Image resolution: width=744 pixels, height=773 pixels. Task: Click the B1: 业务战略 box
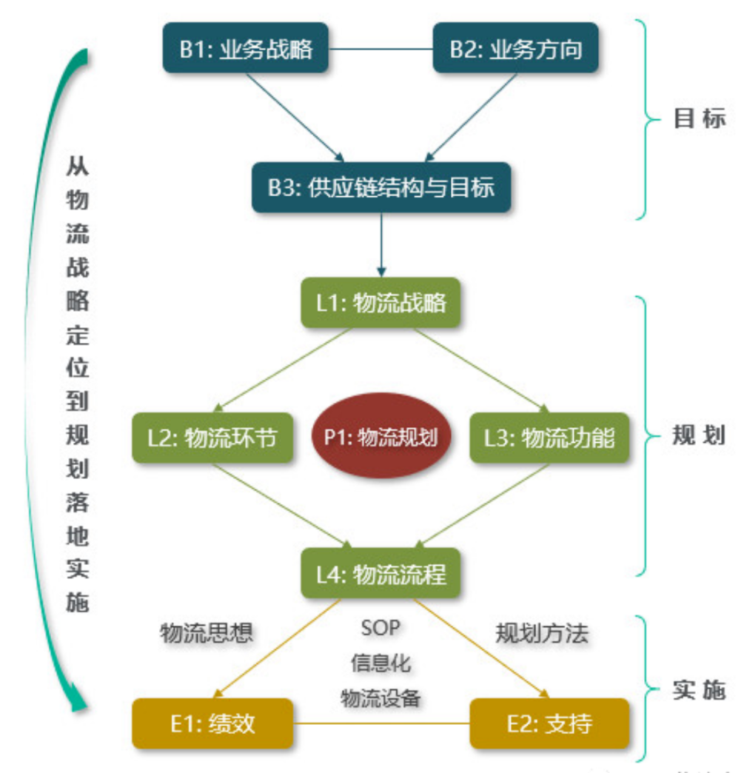tap(247, 49)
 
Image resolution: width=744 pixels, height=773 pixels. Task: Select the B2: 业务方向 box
tap(515, 49)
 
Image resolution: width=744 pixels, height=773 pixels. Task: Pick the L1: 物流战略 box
tap(381, 303)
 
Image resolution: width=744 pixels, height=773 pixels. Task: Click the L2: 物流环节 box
tap(212, 438)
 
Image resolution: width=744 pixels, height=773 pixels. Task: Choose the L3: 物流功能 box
tap(549, 438)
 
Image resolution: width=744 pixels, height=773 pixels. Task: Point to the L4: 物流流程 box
tap(381, 573)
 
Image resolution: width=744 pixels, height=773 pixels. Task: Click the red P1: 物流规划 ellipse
tap(381, 437)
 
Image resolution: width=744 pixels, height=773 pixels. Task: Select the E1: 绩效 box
tap(212, 723)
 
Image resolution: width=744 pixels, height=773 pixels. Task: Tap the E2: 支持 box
tap(549, 723)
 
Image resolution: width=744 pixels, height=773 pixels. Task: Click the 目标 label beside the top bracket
tap(699, 119)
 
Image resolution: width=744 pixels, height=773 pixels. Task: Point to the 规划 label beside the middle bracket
tap(699, 435)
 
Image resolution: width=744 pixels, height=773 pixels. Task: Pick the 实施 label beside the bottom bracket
tap(699, 690)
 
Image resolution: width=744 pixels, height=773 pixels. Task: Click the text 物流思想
tap(207, 632)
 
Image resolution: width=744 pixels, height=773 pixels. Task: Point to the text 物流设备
tap(381, 697)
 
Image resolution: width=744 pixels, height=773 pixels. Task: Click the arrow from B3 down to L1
tap(381, 244)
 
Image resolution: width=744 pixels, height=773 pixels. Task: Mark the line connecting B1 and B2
tap(382, 49)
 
